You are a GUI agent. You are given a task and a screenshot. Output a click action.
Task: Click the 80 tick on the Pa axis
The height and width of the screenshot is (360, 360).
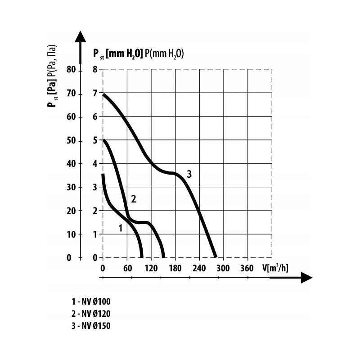tap(72, 70)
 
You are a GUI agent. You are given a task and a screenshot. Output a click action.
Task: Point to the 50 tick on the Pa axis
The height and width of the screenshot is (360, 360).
tap(72, 141)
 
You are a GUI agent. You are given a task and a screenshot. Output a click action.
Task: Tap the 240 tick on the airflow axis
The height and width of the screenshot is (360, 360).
tap(199, 268)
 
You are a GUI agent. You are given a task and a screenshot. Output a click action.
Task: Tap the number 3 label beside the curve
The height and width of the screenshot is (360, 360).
tap(189, 174)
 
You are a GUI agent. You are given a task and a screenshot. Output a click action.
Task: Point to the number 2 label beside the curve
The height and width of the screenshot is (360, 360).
tap(133, 198)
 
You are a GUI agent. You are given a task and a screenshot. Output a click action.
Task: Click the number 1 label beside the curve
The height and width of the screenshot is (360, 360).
tap(121, 228)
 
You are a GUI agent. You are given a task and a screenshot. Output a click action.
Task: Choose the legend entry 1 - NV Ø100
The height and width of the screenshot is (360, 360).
tap(90, 301)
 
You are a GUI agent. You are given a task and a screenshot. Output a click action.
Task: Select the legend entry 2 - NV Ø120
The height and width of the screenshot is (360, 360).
tap(90, 314)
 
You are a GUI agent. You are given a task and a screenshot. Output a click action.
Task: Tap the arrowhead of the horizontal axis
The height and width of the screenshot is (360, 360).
tap(306, 278)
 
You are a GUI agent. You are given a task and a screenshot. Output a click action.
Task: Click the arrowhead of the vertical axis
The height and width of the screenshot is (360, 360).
tap(80, 37)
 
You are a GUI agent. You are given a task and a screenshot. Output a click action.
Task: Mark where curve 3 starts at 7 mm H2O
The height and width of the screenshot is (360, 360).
tap(104, 94)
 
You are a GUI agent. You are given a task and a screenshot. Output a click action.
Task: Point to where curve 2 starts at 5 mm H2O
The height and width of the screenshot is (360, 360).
tap(104, 140)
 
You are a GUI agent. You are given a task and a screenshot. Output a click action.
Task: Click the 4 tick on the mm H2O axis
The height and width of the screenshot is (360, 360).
tap(95, 164)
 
